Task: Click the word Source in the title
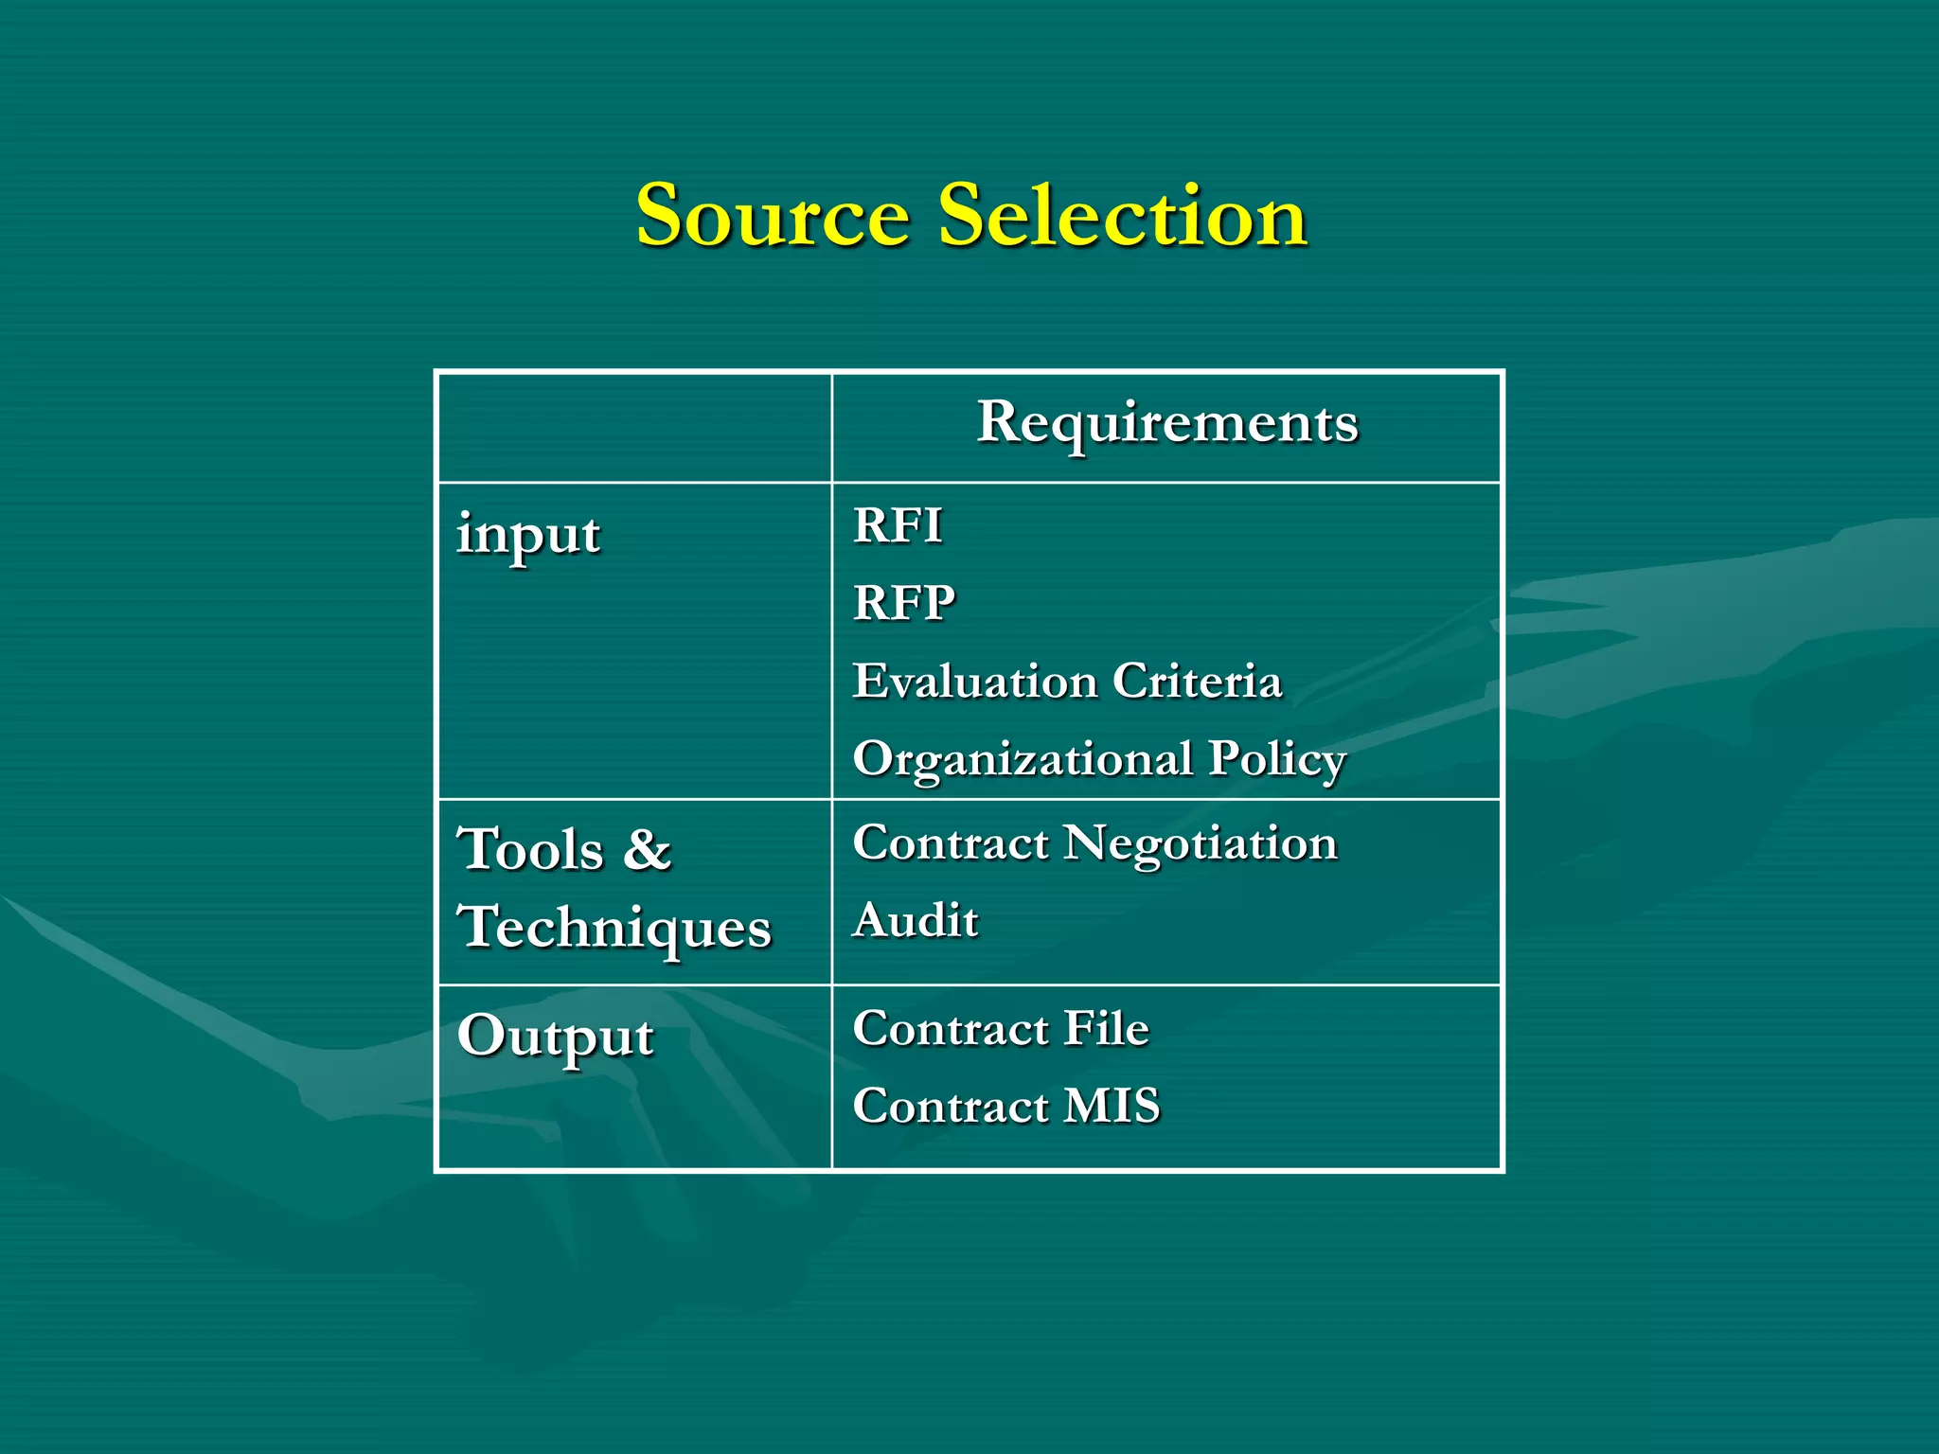(x=773, y=216)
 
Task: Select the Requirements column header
(x=1166, y=422)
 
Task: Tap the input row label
(x=527, y=535)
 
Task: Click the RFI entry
(x=898, y=525)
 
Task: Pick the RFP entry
(x=904, y=603)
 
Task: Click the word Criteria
(x=1197, y=682)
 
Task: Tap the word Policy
(x=1277, y=759)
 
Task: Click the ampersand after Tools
(x=648, y=849)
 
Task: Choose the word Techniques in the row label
(x=614, y=928)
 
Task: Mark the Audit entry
(x=916, y=920)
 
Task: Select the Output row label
(x=555, y=1037)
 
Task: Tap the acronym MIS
(x=1112, y=1106)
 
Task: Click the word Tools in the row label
(x=530, y=849)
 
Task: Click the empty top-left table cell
(x=634, y=428)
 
